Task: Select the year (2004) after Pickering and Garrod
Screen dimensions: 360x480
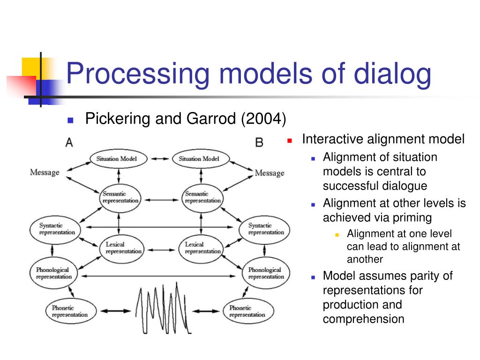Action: (263, 119)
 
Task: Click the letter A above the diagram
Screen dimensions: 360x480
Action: (69, 142)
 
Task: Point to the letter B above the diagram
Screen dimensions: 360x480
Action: (259, 142)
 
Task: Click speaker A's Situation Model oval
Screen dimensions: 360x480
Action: (117, 158)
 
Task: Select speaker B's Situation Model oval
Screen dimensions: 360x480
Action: (199, 158)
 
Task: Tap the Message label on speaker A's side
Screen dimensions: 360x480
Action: (45, 172)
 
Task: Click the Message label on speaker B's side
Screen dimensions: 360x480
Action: (270, 173)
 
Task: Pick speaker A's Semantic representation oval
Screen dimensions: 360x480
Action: (120, 197)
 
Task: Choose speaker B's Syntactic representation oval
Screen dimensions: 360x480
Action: (266, 229)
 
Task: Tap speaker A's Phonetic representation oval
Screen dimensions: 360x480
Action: (69, 311)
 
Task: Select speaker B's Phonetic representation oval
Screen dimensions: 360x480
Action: (247, 311)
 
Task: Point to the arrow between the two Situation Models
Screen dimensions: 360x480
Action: (159, 158)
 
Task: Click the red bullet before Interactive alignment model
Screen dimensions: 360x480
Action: (290, 140)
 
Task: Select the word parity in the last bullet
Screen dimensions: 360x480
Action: (423, 276)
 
